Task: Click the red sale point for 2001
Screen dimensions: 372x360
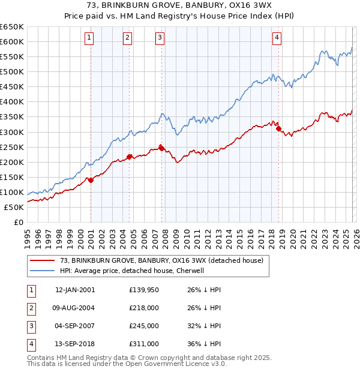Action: point(91,180)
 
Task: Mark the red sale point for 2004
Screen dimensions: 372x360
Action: point(129,157)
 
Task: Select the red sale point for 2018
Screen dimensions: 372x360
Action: point(278,128)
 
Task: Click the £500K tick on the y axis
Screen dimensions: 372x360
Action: point(12,71)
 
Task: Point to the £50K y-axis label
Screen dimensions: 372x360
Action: point(14,207)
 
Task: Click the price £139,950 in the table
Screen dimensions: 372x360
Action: point(144,290)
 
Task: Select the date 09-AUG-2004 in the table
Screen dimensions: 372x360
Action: point(74,308)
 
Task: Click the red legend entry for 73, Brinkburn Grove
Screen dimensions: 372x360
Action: point(161,260)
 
